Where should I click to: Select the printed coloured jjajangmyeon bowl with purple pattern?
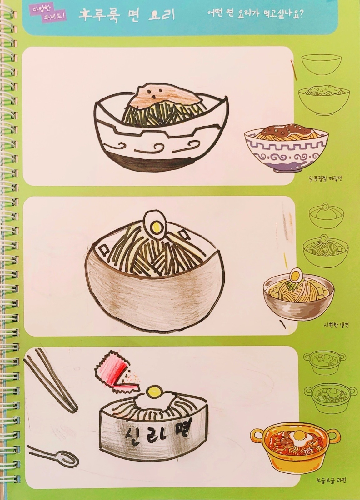click(286, 148)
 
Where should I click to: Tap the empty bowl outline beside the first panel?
click(321, 66)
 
